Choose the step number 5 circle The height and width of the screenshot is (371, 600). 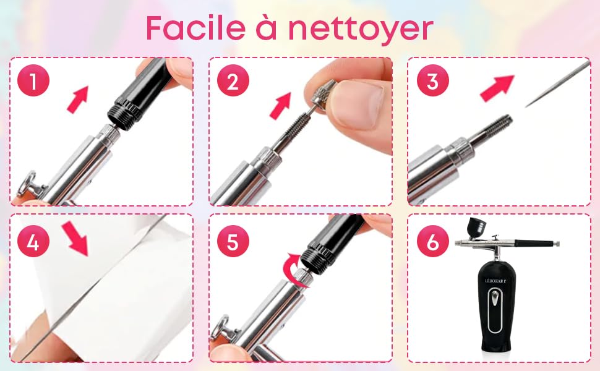pos(233,242)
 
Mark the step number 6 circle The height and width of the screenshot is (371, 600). pos(432,242)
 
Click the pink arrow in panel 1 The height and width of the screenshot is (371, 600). pos(77,99)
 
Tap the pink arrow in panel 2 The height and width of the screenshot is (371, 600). pos(280,105)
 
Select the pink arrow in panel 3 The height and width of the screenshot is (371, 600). pos(497,87)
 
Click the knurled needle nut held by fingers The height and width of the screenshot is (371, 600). pos(322,96)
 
